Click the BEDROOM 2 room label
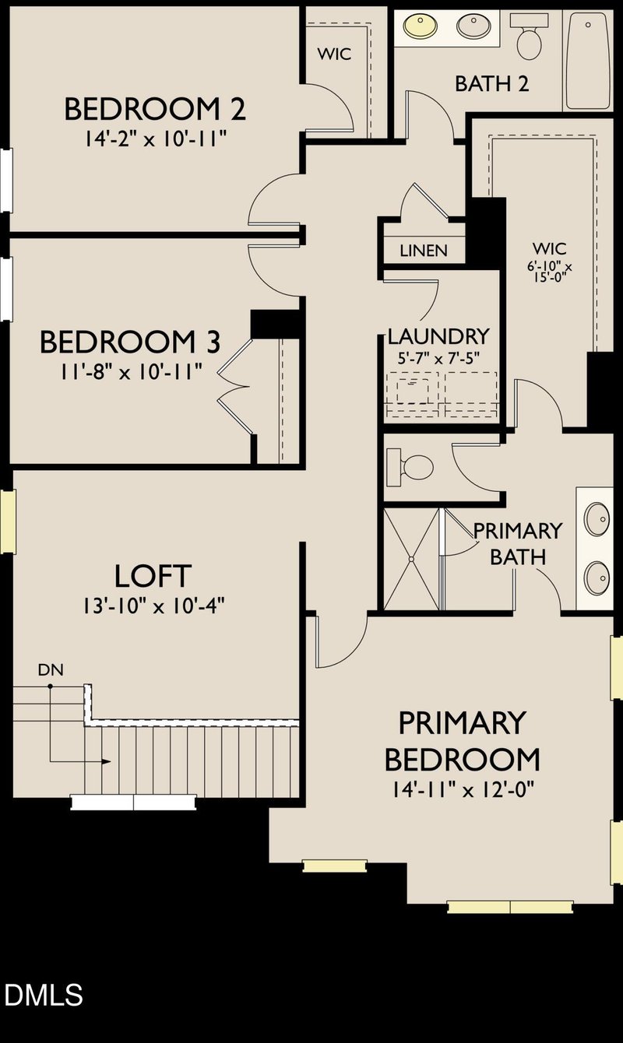click(154, 109)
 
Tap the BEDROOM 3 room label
click(129, 342)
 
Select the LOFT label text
click(152, 576)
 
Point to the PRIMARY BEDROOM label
click(462, 740)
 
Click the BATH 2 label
click(492, 83)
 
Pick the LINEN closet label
click(424, 251)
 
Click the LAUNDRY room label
click(438, 336)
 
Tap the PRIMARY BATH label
click(517, 543)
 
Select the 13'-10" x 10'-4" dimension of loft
click(152, 606)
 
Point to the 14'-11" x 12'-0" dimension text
click(462, 788)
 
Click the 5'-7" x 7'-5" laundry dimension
click(438, 360)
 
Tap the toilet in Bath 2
click(530, 39)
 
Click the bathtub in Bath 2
click(588, 60)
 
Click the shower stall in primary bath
click(410, 558)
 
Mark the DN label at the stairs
click(50, 669)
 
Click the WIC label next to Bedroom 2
click(333, 54)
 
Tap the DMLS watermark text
click(44, 995)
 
